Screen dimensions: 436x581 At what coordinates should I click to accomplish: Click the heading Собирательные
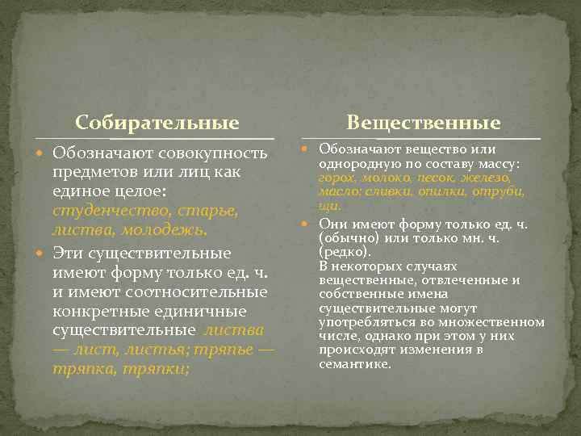(157, 123)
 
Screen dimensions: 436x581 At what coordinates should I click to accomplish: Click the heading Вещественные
(424, 123)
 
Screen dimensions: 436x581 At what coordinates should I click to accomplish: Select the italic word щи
(327, 207)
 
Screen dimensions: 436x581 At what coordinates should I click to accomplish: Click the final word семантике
(355, 363)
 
